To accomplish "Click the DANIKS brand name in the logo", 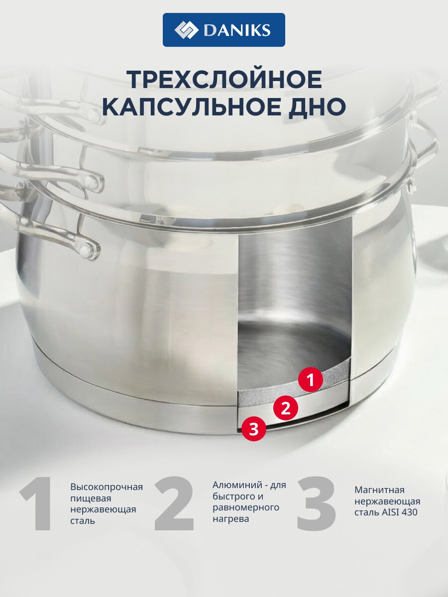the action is click(237, 30).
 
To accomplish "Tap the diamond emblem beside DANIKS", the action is click(186, 30).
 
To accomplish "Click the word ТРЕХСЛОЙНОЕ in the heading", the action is click(225, 80).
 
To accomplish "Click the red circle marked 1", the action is click(310, 380).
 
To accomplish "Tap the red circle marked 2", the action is click(286, 408).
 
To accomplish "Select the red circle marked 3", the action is click(253, 430).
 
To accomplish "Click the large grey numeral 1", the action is click(37, 503).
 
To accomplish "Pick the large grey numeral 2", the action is click(174, 503).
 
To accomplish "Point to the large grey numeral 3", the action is click(317, 503).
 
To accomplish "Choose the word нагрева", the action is click(230, 519).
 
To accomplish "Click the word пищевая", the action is click(91, 498).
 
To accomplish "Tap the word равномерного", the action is click(246, 507).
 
